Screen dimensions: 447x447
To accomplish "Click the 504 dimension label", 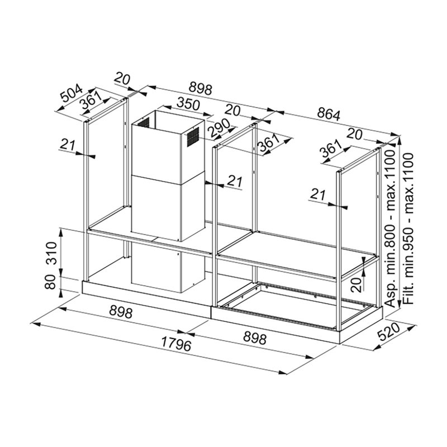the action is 73,93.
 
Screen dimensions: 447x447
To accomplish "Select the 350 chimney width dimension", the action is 188,104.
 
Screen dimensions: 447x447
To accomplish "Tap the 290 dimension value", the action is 218,127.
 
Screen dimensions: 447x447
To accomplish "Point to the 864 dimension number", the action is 329,115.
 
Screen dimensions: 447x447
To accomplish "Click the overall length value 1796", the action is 176,344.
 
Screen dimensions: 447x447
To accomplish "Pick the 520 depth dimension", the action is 389,331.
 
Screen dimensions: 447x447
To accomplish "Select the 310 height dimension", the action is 51,253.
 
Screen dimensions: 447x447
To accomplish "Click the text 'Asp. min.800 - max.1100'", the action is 390,229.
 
